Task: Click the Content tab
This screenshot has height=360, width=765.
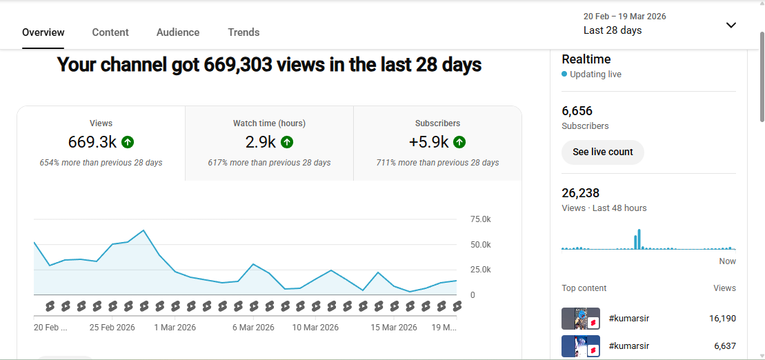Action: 110,32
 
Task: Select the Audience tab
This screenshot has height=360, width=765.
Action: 178,32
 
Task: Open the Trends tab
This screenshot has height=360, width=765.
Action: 244,32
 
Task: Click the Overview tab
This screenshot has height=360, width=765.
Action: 43,32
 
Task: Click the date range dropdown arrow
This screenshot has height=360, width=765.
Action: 731,26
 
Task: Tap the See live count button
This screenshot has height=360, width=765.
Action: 602,152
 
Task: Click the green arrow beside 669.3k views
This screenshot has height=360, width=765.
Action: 128,142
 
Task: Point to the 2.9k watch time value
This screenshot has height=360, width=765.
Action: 260,142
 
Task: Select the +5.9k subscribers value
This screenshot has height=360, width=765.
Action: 428,142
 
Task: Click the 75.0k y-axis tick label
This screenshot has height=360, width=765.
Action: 480,219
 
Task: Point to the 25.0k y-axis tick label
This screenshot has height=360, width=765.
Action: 480,270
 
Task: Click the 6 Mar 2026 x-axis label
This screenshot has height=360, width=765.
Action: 253,328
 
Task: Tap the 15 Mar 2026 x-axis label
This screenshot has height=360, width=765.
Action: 394,328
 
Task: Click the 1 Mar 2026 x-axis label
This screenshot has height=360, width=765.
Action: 175,328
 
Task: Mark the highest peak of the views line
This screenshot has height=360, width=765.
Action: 143,230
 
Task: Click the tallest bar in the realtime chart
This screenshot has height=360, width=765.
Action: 639,239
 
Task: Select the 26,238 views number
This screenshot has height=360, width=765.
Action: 581,193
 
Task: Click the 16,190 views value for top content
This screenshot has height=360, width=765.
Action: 722,319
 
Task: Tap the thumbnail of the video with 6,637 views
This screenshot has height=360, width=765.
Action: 580,346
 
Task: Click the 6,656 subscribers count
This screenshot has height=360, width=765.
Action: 577,111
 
